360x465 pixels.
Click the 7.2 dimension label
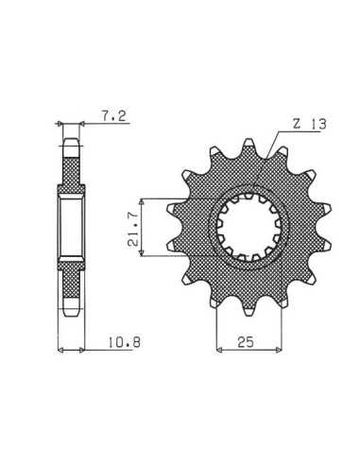113,116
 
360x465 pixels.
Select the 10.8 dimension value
125,342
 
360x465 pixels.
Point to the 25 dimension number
246,342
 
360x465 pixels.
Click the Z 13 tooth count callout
309,124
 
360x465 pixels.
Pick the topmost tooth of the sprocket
249,143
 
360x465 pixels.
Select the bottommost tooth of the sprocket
249,310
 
